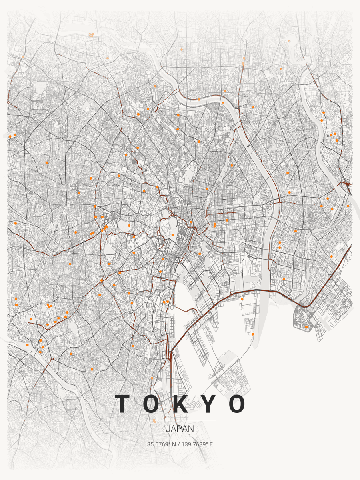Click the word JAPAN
pyautogui.click(x=180, y=428)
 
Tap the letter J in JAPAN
pyautogui.click(x=168, y=428)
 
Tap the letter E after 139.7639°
pyautogui.click(x=211, y=444)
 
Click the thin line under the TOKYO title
pyautogui.click(x=180, y=420)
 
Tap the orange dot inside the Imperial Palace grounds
pyautogui.click(x=172, y=235)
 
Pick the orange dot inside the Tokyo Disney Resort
pyautogui.click(x=306, y=327)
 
